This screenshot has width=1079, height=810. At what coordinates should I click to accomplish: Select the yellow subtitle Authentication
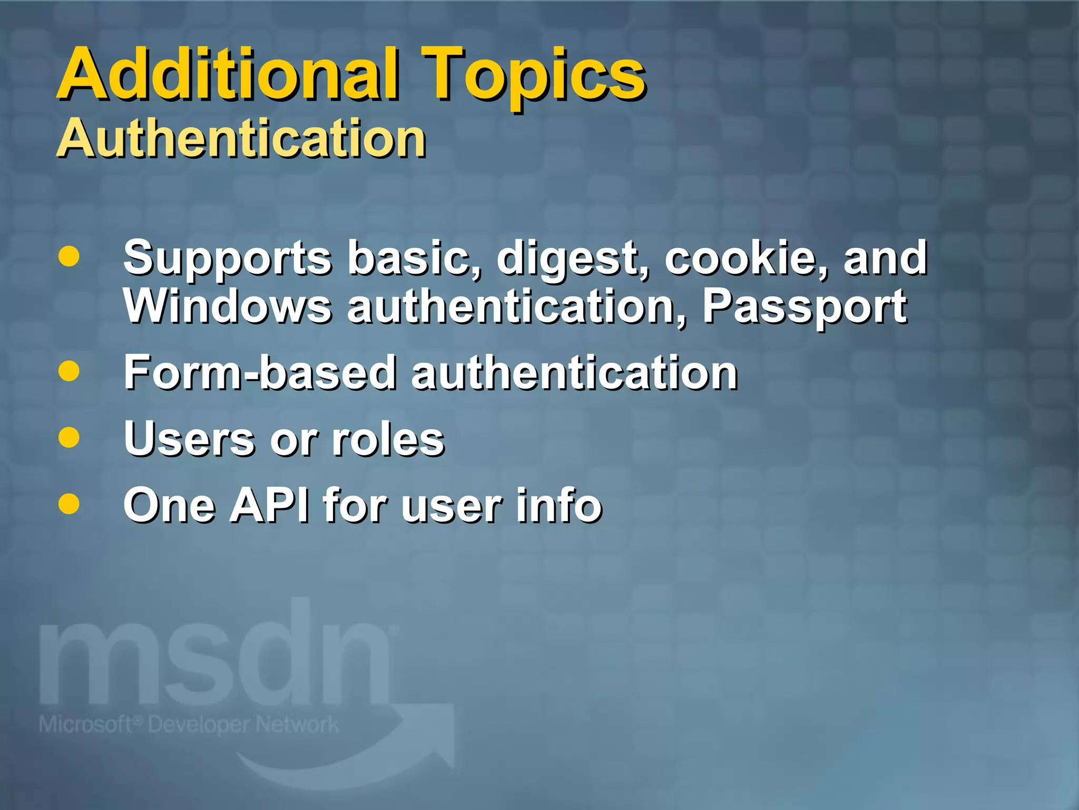click(x=241, y=138)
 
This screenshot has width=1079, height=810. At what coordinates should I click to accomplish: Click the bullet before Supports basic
click(x=69, y=257)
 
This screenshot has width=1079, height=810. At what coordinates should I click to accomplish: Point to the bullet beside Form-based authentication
click(x=69, y=371)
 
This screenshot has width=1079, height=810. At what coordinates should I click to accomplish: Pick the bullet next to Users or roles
click(x=69, y=438)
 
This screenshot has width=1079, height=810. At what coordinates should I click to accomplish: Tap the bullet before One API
click(x=69, y=504)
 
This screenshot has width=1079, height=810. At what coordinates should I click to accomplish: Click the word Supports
click(x=228, y=258)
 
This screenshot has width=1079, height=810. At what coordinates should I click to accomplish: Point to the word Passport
click(x=805, y=307)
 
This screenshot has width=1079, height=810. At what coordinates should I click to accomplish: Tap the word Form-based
click(x=259, y=372)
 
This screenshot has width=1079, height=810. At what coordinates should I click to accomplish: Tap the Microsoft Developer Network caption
click(x=189, y=725)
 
